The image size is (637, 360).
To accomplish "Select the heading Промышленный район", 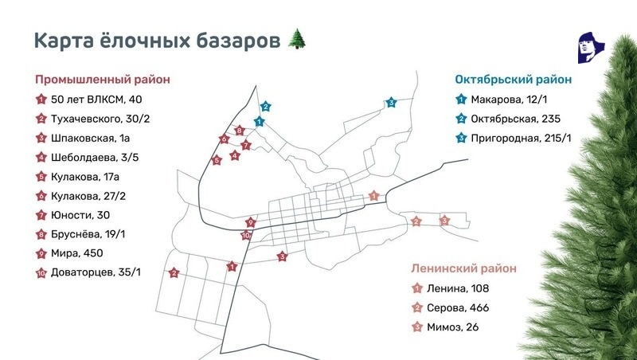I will point(103,80).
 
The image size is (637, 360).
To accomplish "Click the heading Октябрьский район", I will point(514,80).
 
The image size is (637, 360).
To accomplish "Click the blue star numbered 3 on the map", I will point(391,103).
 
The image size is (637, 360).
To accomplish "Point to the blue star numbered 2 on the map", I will point(266,106).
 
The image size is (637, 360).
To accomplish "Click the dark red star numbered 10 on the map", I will point(246,235).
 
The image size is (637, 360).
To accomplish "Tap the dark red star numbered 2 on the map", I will point(174,273).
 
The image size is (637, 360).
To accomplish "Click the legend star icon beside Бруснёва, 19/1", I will point(40,233).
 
